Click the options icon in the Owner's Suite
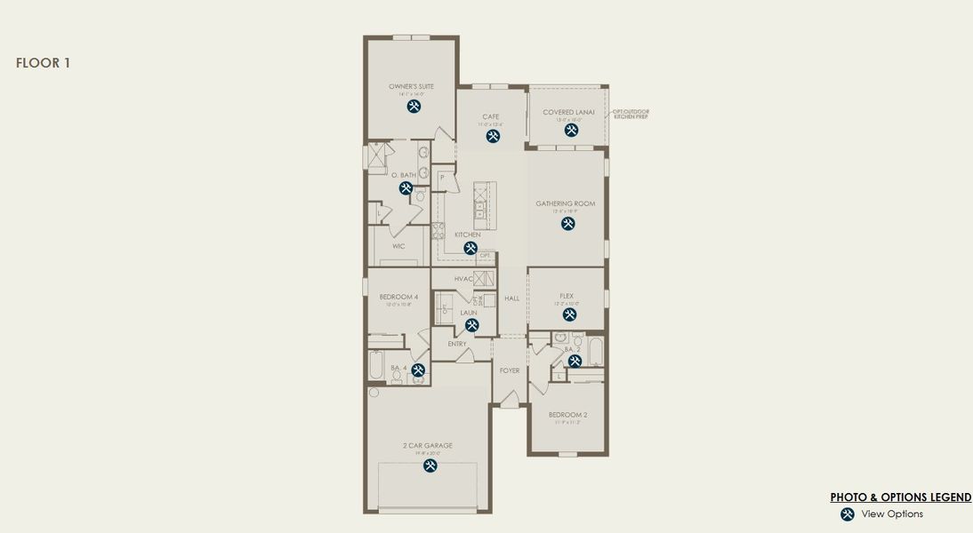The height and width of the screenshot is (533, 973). [x=414, y=107]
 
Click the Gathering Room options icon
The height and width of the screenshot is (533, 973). [x=567, y=224]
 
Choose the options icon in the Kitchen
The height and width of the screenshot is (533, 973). [x=470, y=249]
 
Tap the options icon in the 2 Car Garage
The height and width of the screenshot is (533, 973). [x=430, y=465]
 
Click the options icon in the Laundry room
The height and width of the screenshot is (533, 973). [x=472, y=325]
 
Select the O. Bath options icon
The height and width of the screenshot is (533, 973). [x=406, y=188]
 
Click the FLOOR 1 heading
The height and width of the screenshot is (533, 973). [x=43, y=63]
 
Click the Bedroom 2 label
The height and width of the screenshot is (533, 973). [x=567, y=415]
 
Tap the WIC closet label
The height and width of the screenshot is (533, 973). [x=398, y=246]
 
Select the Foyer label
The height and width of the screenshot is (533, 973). [x=510, y=370]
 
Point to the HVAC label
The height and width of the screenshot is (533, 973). [x=463, y=279]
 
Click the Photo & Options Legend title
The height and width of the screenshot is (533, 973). [x=900, y=497]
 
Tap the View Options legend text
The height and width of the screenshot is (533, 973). [x=892, y=514]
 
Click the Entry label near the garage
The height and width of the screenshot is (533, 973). [x=457, y=344]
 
